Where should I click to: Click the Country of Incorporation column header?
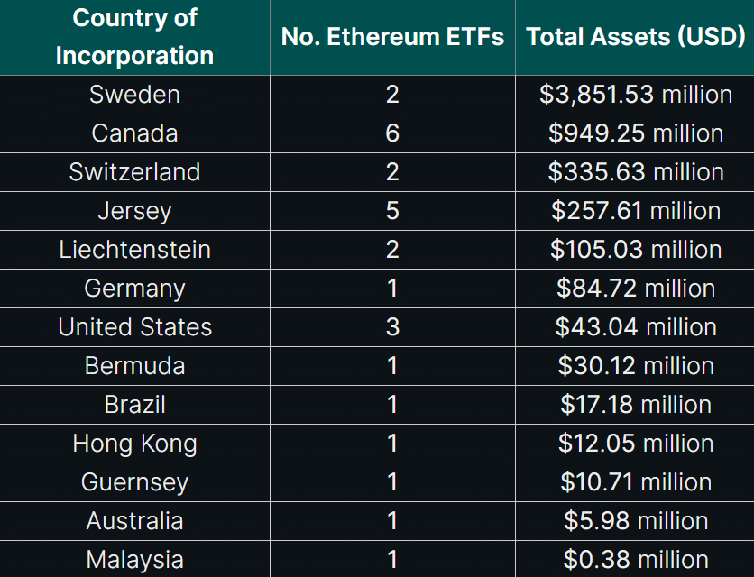point(134,36)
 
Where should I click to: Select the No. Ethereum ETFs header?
point(392,37)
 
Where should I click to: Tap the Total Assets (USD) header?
point(635,37)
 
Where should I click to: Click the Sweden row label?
point(134,95)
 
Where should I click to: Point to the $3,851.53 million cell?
point(635,95)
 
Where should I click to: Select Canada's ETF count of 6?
point(392,133)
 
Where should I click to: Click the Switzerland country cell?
point(134,172)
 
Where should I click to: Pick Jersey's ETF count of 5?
point(392,211)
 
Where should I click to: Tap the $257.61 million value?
point(635,211)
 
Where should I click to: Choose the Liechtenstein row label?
point(134,250)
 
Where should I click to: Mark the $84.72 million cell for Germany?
point(635,288)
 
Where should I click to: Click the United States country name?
point(134,327)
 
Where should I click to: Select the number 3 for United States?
point(392,327)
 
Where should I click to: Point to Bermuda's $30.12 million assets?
point(635,366)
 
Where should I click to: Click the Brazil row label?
point(134,405)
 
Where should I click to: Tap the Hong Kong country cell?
point(134,444)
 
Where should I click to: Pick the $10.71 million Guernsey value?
point(635,482)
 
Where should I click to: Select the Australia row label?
point(134,521)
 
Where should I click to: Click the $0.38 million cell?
point(635,560)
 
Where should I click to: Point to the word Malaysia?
point(134,560)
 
